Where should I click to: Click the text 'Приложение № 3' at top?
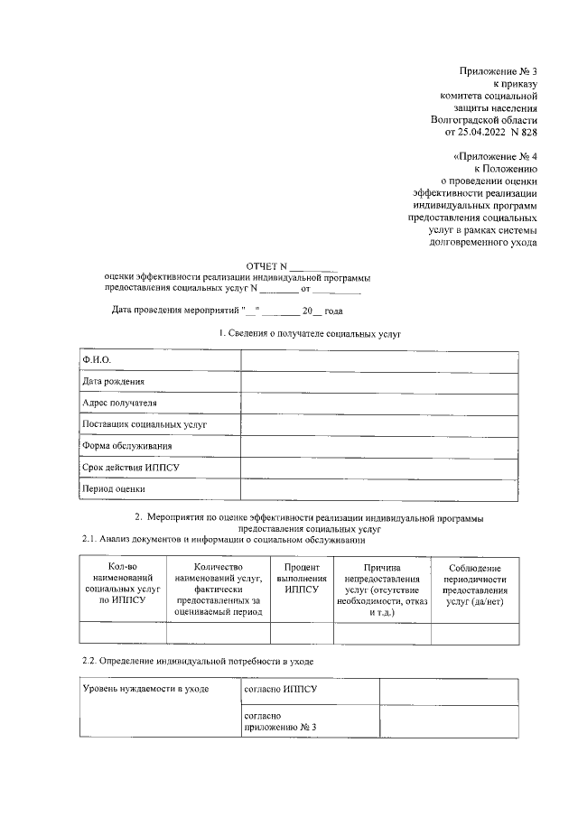click(x=498, y=70)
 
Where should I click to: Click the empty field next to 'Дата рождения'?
click(x=379, y=382)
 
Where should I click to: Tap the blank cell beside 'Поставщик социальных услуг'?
click(x=379, y=424)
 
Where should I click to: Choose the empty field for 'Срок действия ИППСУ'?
click(x=379, y=468)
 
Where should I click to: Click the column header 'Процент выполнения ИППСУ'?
click(x=301, y=578)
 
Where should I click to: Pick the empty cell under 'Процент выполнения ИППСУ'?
click(x=301, y=633)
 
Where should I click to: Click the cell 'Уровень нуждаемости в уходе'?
click(x=144, y=690)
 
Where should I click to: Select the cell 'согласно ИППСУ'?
click(x=281, y=690)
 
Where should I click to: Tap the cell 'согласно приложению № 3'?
click(x=281, y=721)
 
